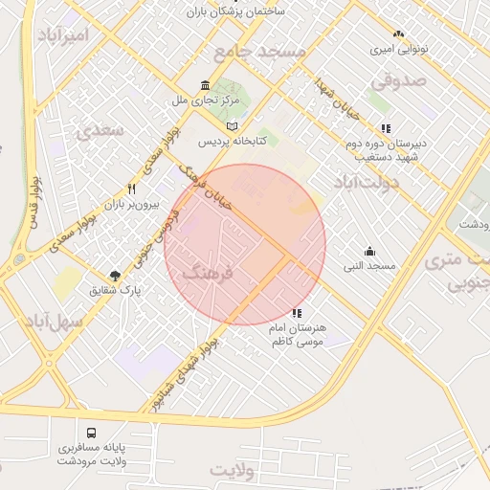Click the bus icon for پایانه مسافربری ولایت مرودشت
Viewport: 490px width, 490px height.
(x=91, y=434)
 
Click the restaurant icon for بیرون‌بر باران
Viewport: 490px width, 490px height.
(x=132, y=189)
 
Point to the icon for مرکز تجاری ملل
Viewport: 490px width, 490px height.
(x=206, y=86)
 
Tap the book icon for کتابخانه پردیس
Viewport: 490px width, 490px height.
(x=232, y=126)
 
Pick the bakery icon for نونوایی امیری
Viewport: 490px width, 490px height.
(x=398, y=34)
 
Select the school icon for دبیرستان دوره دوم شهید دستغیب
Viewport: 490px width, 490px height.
(x=385, y=127)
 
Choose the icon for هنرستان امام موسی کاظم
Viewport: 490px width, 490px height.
(x=296, y=313)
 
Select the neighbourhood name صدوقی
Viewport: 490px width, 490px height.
(x=398, y=82)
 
